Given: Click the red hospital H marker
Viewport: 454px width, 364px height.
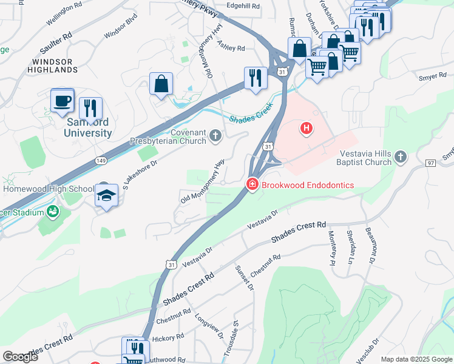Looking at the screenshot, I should [307, 128].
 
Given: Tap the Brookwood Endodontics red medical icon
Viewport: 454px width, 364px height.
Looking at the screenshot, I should [251, 184].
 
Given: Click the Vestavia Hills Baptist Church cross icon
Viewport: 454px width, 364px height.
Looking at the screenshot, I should [400, 157].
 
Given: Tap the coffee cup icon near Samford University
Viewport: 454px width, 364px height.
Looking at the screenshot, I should [63, 100].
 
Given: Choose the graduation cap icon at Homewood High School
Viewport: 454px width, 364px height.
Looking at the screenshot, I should [106, 196].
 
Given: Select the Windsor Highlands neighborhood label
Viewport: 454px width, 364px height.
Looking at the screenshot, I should [55, 66].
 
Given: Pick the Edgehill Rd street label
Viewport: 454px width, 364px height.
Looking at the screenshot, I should [243, 6].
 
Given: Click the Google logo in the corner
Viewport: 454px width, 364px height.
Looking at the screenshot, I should [21, 356].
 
